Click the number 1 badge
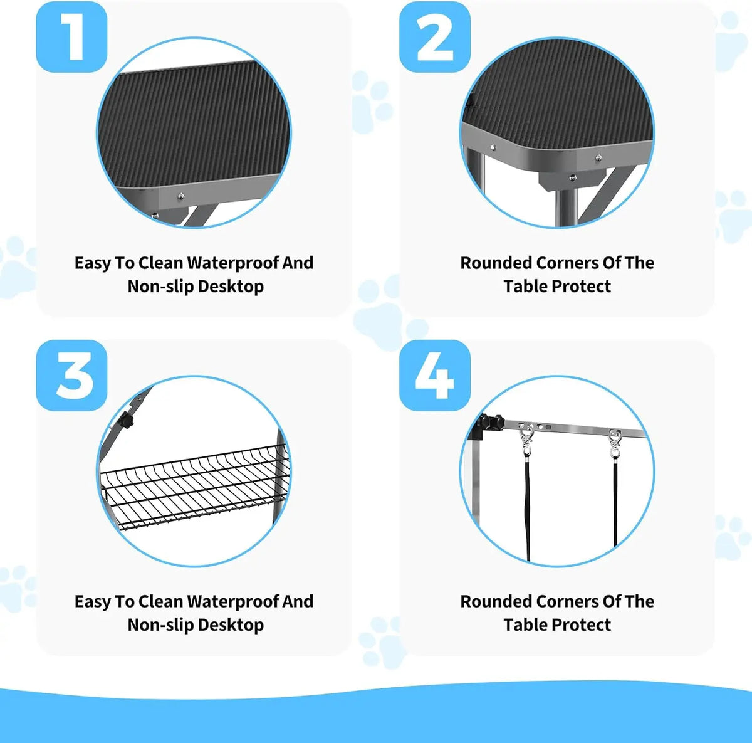point(71,37)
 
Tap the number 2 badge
point(435,37)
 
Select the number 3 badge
point(71,376)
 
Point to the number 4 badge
point(435,376)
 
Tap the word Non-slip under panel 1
point(160,287)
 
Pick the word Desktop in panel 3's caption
point(231,625)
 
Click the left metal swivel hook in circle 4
point(526,440)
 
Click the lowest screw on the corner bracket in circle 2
point(573,177)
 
